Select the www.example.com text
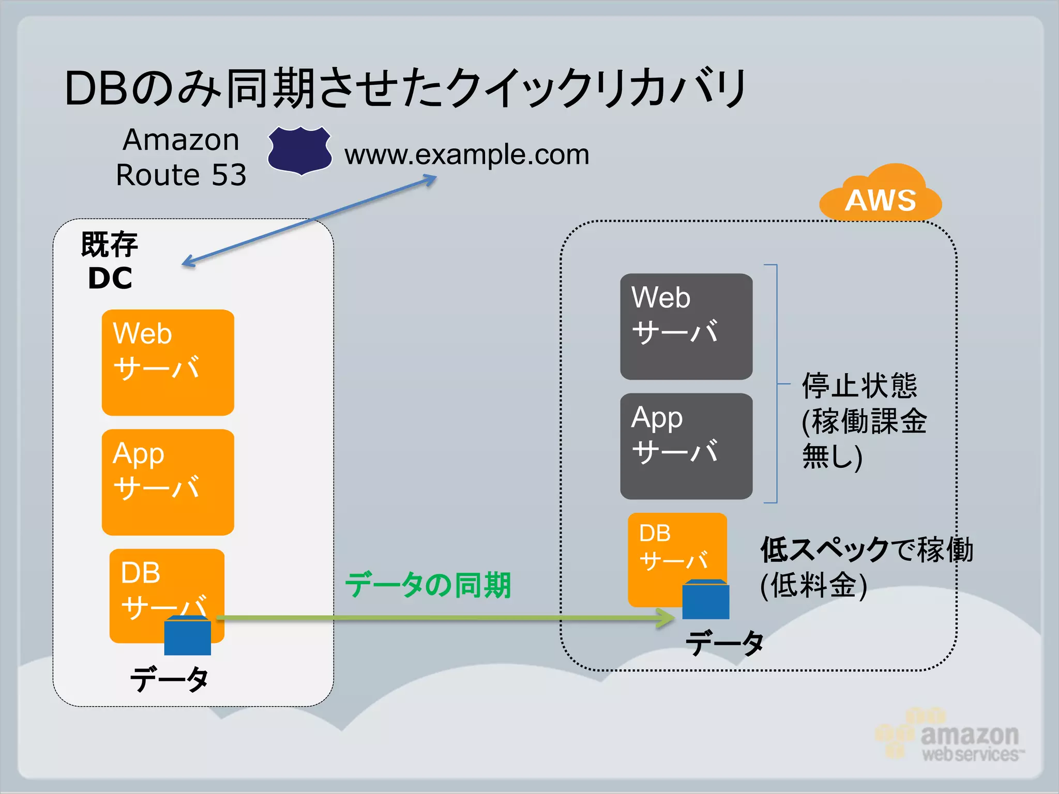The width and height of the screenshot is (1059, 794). coord(466,155)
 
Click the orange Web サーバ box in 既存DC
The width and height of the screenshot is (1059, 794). coord(168,362)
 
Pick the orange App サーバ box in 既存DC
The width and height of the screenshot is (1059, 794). coord(168,482)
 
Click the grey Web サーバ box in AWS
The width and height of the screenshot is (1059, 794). coord(686,326)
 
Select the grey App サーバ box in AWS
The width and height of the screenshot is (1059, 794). coord(686,446)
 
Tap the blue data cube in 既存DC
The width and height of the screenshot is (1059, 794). coord(187,636)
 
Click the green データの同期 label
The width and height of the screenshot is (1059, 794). coord(428,585)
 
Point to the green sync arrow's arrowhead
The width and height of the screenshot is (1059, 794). coord(667,618)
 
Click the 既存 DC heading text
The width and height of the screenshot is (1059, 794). coord(110,261)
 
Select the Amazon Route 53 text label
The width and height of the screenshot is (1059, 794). coord(181,157)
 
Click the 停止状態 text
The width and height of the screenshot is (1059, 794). coord(859,386)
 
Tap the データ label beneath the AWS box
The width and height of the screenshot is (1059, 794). coord(724,644)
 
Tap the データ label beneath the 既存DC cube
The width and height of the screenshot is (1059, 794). coord(169,679)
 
